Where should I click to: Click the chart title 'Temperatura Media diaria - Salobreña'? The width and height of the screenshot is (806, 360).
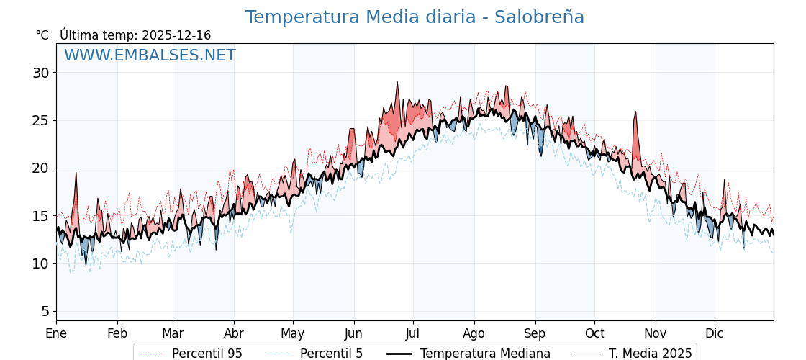[415, 17]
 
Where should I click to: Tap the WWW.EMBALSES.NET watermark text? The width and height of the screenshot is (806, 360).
[150, 55]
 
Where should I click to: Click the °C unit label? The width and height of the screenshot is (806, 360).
[42, 35]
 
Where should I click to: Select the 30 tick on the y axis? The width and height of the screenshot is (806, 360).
[40, 73]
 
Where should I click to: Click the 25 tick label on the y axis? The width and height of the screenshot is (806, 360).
[40, 120]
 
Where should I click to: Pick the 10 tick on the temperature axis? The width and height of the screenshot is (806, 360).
[40, 264]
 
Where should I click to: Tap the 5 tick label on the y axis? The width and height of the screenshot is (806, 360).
[45, 311]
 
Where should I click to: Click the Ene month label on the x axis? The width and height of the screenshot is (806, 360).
[56, 333]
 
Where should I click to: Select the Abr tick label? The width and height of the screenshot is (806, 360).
[234, 333]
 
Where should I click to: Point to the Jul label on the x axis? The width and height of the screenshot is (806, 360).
[413, 333]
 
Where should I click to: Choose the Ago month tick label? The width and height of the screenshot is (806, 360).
[474, 333]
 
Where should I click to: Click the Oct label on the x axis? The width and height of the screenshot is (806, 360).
[594, 333]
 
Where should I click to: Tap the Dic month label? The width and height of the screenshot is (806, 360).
[715, 333]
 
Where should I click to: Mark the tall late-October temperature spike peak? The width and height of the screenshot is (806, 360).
[635, 112]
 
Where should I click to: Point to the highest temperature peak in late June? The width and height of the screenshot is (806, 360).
[397, 83]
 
